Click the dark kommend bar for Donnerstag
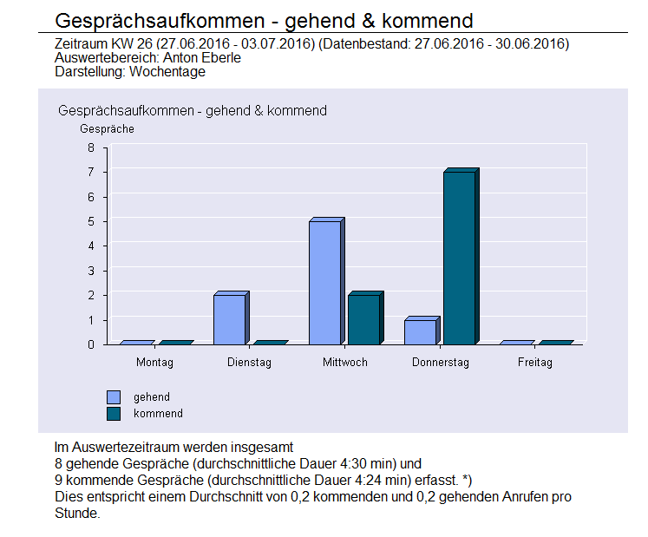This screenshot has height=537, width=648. tap(459, 258)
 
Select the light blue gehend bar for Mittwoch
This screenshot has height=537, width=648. tap(324, 282)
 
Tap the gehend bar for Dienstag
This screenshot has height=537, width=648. tap(229, 319)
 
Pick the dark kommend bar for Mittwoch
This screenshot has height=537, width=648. tap(363, 319)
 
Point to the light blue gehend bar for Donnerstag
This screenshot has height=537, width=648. tap(420, 331)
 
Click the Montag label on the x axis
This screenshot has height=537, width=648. tap(154, 363)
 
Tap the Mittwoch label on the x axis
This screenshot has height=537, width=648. tap(344, 363)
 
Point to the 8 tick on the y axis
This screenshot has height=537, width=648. tap(90, 147)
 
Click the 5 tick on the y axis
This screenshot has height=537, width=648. tap(90, 221)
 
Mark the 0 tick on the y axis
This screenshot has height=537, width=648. tap(90, 344)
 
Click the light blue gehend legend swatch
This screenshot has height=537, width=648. tap(114, 397)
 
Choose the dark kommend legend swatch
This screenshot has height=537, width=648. tap(114, 414)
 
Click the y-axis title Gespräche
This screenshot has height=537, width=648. tap(107, 129)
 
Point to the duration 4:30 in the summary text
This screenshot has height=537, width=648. tap(363, 463)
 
